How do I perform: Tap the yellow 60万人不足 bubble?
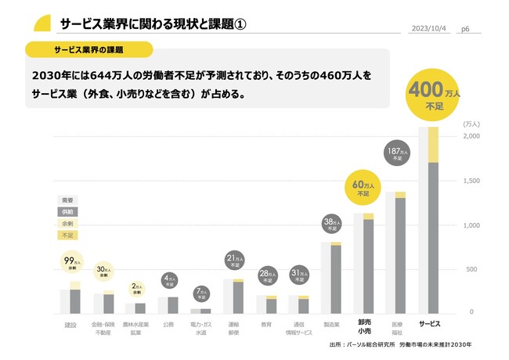(363, 185)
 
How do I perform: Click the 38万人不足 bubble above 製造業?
(330, 225)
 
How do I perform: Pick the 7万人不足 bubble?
(201, 294)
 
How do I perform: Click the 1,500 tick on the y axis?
(471, 181)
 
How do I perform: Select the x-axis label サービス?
(429, 323)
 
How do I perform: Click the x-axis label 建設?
(70, 323)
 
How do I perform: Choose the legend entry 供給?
(68, 211)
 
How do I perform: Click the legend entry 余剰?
(68, 223)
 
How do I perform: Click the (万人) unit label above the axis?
(471, 124)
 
